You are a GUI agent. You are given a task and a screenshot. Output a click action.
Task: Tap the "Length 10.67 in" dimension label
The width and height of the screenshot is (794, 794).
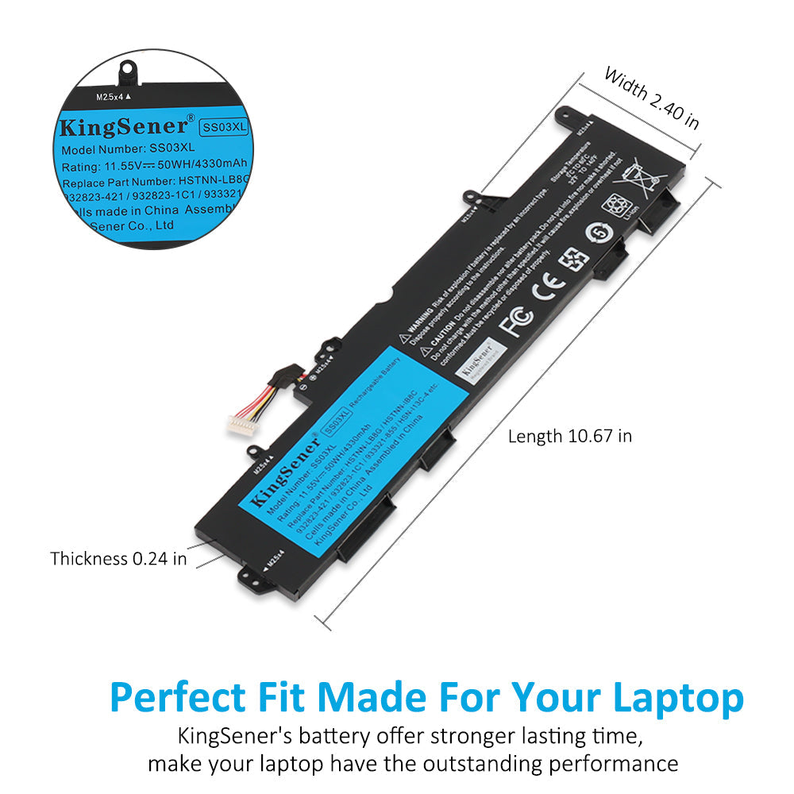(569, 436)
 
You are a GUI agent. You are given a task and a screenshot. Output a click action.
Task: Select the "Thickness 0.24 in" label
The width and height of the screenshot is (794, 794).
(119, 559)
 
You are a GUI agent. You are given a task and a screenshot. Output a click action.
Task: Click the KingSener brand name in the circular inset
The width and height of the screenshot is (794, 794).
(124, 127)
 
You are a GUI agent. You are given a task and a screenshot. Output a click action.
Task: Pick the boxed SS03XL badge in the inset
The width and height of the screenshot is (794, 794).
(224, 126)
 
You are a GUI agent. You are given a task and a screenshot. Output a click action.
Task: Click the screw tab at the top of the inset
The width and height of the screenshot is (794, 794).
(125, 69)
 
